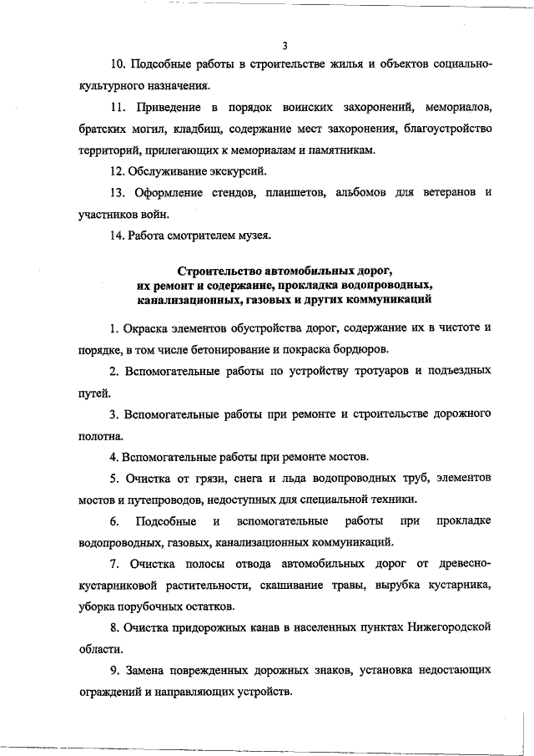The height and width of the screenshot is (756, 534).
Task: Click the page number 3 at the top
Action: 285,45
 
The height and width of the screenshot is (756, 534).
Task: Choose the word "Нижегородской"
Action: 433,627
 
